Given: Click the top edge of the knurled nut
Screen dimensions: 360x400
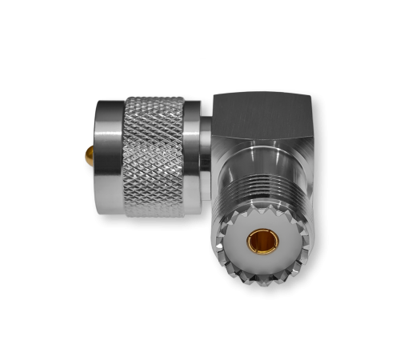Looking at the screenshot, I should click(154, 98).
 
